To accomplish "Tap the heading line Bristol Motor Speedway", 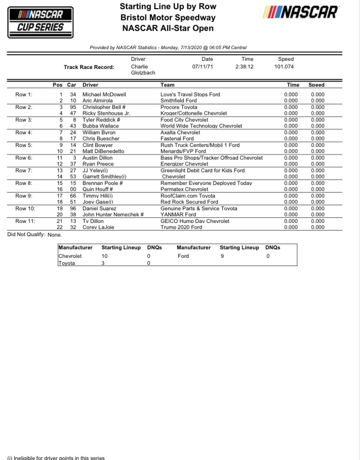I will coord(168,18).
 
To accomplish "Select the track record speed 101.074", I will coord(285,67).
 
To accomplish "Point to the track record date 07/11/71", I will coord(203,67).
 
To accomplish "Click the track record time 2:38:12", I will coord(244,67).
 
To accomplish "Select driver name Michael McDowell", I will coord(104,95).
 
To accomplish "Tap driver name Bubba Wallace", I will coord(101,126).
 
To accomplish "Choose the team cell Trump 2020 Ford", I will coord(181,227).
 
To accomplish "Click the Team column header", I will coord(168,85).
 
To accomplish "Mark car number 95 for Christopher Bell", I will coord(73,107).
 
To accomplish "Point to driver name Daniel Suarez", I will coord(100,209).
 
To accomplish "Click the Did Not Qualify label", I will coord(26,235).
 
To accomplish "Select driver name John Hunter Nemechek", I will coord(113,215).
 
